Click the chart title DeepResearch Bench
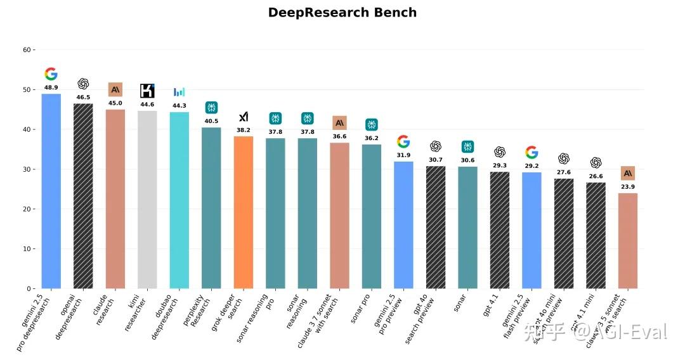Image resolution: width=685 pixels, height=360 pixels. pyautogui.click(x=342, y=13)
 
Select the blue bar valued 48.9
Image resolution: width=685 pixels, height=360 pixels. pyautogui.click(x=51, y=191)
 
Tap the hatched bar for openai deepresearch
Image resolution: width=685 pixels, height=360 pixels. pyautogui.click(x=83, y=196)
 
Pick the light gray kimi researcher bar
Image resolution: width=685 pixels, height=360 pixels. pyautogui.click(x=147, y=200)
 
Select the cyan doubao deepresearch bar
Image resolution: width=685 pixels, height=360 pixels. pyautogui.click(x=179, y=200)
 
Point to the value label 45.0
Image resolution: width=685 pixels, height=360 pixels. pyautogui.click(x=115, y=103)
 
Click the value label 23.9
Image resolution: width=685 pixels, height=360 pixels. pyautogui.click(x=627, y=187)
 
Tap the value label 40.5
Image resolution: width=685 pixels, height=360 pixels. pyautogui.click(x=211, y=121)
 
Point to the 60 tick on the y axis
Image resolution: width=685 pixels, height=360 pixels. pyautogui.click(x=26, y=50)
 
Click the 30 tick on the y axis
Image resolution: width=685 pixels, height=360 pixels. pyautogui.click(x=26, y=169)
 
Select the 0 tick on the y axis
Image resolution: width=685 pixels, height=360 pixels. pyautogui.click(x=28, y=289)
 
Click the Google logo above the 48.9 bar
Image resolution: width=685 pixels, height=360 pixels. pyautogui.click(x=51, y=74)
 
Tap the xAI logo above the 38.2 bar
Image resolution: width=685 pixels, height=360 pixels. pyautogui.click(x=244, y=117)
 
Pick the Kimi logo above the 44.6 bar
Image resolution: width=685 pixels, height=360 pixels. pyautogui.click(x=147, y=91)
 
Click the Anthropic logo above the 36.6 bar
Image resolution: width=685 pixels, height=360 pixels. pyautogui.click(x=339, y=122)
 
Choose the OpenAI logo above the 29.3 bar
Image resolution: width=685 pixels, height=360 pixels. pyautogui.click(x=500, y=152)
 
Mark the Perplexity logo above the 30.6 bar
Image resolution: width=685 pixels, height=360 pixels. pyautogui.click(x=467, y=147)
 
